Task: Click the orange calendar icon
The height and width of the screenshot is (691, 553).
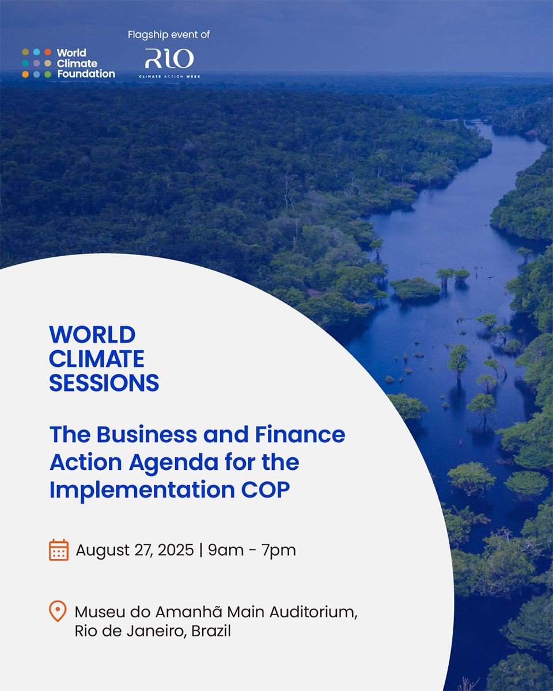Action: [x=59, y=550]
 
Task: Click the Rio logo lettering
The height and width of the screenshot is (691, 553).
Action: [x=169, y=58]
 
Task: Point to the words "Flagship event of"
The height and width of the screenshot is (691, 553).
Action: [x=169, y=35]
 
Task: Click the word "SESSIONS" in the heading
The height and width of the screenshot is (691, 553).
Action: [x=104, y=383]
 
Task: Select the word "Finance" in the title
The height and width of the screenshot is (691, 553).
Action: [x=300, y=434]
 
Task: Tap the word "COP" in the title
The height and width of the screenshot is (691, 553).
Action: [x=266, y=489]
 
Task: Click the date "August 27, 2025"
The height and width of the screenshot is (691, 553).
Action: [x=135, y=550]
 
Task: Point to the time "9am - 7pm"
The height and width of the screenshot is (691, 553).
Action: [x=252, y=550]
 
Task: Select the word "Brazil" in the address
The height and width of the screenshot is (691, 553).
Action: [x=211, y=631]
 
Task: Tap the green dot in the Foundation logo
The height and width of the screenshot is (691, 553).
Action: [x=48, y=74]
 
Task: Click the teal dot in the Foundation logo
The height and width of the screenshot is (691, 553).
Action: [x=25, y=63]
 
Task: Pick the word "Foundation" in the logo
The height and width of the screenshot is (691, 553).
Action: [x=86, y=74]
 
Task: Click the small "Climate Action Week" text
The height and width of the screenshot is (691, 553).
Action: [x=169, y=77]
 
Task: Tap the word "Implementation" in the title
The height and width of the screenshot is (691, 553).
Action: [x=142, y=489]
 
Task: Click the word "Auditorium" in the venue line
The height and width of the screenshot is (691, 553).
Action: [x=313, y=612]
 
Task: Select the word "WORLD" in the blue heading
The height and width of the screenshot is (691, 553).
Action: [x=92, y=335]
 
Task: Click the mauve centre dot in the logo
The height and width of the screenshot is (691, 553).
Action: [x=37, y=63]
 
